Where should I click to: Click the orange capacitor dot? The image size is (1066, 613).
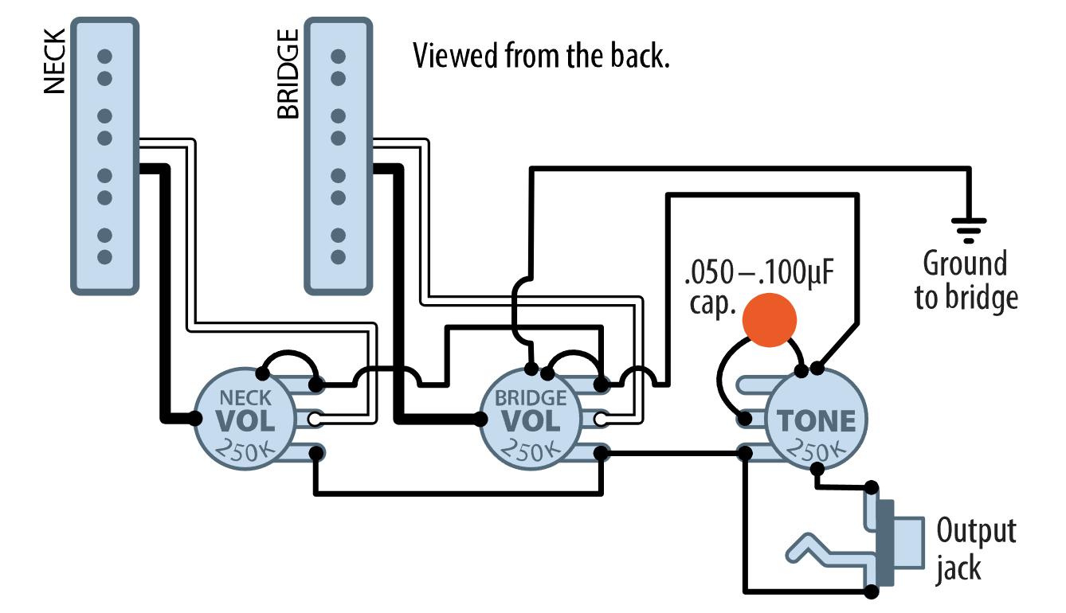(769, 320)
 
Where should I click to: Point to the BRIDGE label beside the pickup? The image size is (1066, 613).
(288, 73)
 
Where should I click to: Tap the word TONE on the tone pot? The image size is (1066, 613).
(816, 420)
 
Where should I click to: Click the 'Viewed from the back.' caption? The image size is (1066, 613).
(540, 57)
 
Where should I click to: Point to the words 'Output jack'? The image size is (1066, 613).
(976, 549)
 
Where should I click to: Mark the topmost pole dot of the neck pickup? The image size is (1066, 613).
(104, 57)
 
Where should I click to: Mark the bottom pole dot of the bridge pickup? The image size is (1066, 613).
(338, 257)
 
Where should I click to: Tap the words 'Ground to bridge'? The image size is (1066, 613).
(966, 280)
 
